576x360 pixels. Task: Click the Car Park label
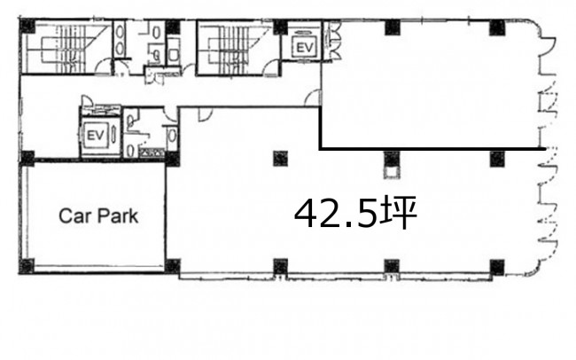point(98,215)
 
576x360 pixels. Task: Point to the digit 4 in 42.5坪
point(307,214)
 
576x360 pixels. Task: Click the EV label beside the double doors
point(304,47)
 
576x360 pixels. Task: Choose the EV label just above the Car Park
point(96,136)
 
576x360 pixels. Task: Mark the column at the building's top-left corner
point(27,26)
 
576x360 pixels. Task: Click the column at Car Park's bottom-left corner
point(27,266)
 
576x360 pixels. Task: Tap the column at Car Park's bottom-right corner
point(173,266)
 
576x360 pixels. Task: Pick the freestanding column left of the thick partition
point(281,159)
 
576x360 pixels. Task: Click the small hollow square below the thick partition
point(392,172)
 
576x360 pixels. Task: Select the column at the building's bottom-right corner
point(497,267)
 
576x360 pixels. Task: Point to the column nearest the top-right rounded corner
point(497,27)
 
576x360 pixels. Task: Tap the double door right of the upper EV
point(334,40)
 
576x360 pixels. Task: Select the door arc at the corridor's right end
point(314,98)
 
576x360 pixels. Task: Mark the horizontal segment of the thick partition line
point(432,149)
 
